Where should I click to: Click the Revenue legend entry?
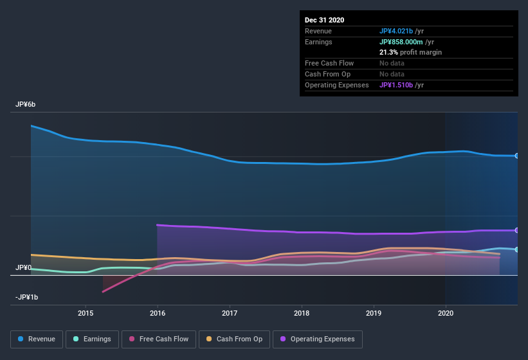37,339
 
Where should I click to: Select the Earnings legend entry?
91,339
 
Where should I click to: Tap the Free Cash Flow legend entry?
159,339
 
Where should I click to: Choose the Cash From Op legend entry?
234,339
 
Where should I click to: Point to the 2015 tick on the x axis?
86,313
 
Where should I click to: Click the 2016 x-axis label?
158,313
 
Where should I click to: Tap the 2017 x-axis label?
230,313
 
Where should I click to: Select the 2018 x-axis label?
302,313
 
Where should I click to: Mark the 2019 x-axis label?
374,313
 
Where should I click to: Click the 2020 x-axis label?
445,313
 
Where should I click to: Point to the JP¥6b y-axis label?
26,104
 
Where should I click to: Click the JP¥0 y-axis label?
24,267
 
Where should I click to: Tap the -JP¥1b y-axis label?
26,297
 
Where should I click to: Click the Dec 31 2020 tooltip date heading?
324,20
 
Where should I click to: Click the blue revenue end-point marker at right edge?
516,156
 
